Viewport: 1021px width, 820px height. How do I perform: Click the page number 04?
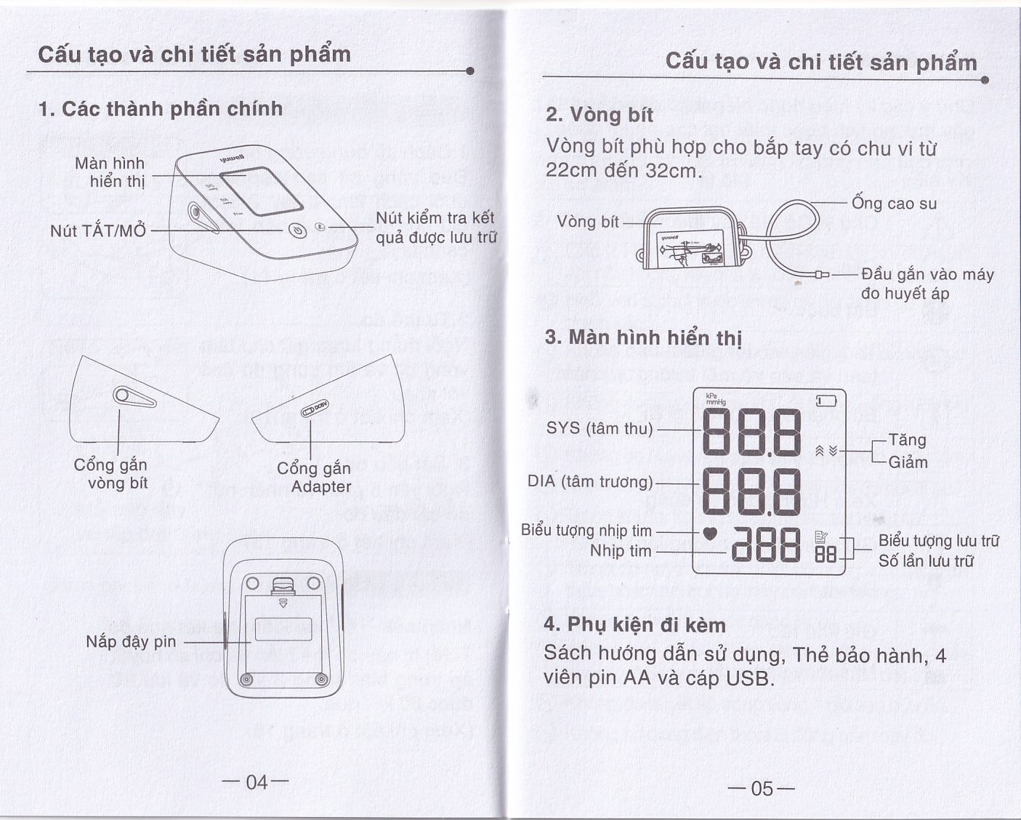[x=256, y=782]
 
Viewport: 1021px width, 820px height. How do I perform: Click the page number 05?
[x=762, y=789]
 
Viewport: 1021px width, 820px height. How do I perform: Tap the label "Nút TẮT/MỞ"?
[x=98, y=231]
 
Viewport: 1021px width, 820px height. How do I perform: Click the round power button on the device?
[x=297, y=230]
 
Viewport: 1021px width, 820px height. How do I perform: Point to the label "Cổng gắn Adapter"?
[x=315, y=478]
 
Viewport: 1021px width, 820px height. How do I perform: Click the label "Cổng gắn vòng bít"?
[x=111, y=474]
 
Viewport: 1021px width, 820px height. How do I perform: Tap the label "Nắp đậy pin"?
[x=131, y=641]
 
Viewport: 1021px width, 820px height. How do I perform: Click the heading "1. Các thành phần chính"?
[x=161, y=109]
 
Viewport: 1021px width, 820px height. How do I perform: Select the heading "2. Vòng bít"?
[x=600, y=115]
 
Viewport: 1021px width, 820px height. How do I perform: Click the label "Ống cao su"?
[x=894, y=204]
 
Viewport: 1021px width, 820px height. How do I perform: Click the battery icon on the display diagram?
[x=826, y=401]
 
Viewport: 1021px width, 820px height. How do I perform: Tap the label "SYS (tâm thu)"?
[x=600, y=429]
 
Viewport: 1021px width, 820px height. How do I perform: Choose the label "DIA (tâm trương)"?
[x=590, y=481]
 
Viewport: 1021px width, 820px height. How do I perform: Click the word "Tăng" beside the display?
[x=907, y=441]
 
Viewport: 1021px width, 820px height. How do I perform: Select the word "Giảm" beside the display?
[x=908, y=462]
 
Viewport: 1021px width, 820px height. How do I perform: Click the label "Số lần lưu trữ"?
[x=926, y=561]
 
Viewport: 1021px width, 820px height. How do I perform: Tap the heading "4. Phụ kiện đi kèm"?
[x=634, y=625]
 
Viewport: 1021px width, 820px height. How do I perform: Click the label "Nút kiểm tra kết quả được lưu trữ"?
[x=435, y=228]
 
